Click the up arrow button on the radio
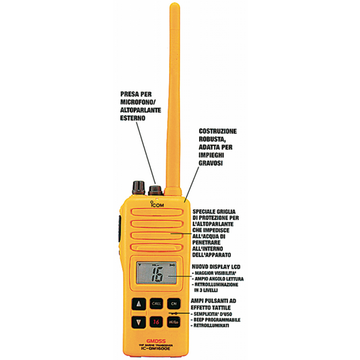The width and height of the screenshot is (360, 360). pyautogui.click(x=139, y=304)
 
